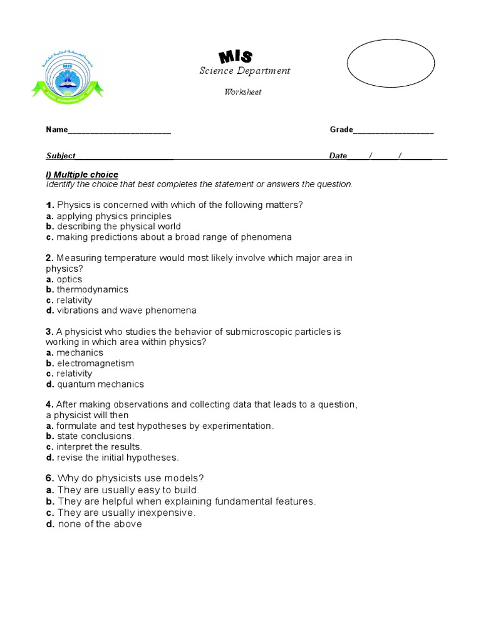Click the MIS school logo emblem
coord(68,75)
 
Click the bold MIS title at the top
coord(235,56)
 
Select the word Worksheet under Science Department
coord(243,92)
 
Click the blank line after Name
coord(119,131)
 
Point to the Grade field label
coord(341,130)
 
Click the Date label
coord(338,156)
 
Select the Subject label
coord(61,156)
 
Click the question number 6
coord(49,479)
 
